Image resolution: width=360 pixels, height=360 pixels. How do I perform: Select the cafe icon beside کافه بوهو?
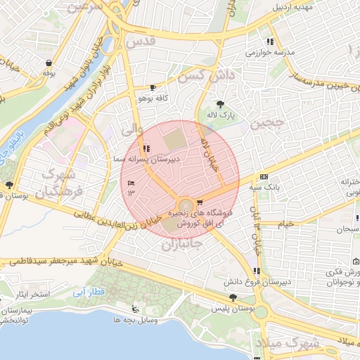[153, 88]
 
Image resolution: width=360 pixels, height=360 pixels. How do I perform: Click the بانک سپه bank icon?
[264, 177]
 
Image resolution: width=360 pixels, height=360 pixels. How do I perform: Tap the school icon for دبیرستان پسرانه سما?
[146, 148]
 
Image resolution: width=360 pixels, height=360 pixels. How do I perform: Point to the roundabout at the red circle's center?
[184, 203]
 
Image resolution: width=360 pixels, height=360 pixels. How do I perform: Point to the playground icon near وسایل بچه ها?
[135, 310]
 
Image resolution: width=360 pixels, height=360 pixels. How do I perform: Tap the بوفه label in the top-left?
[49, 72]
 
